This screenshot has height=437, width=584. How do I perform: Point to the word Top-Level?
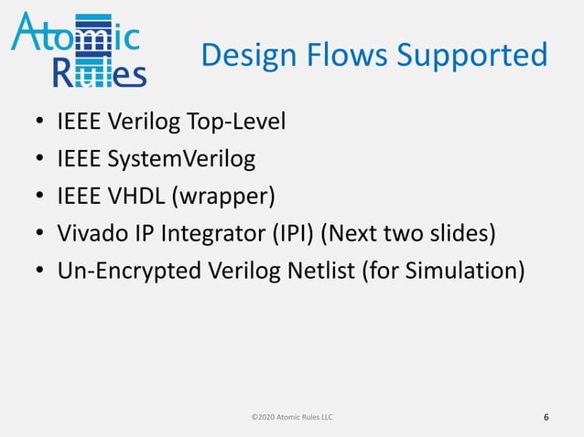pyautogui.click(x=242, y=122)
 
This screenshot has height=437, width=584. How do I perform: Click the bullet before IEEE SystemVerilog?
pyautogui.click(x=40, y=159)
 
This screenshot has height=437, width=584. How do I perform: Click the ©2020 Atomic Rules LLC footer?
pyautogui.click(x=292, y=417)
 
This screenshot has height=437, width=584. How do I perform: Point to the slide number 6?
pyautogui.click(x=546, y=418)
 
